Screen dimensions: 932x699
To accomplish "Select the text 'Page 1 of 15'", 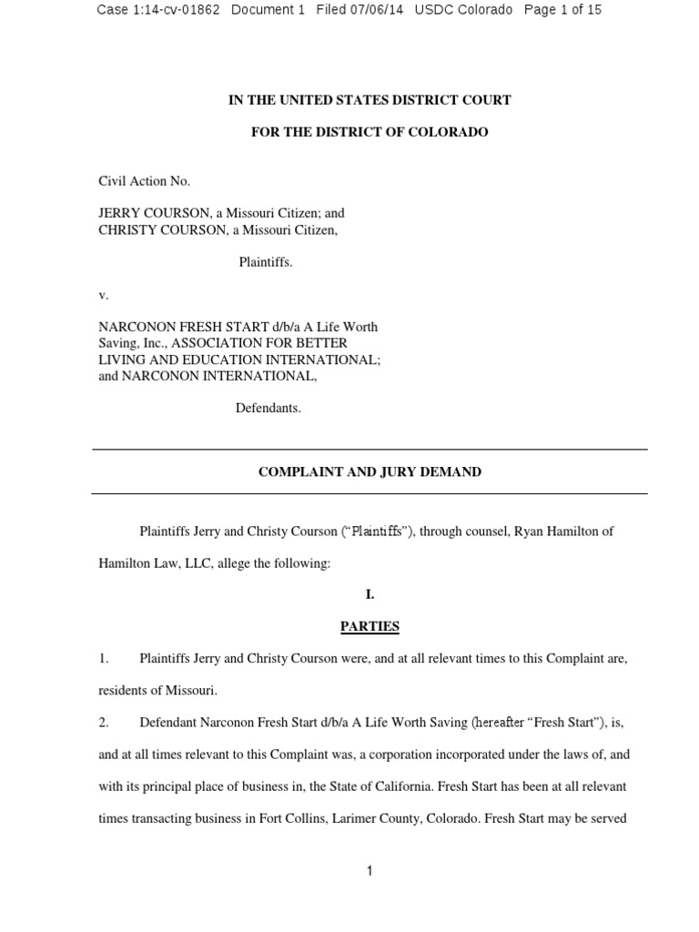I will pos(562,10).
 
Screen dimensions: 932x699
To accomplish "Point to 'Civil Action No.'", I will pos(144,181).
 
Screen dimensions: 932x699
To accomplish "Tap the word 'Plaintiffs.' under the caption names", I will pos(266,262).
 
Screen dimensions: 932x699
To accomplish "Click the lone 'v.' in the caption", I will pos(103,295).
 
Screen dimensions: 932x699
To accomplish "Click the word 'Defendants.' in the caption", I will pos(268,408).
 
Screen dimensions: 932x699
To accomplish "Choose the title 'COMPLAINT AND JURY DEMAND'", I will pos(370,472).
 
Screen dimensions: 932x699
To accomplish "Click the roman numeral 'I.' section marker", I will pos(370,594).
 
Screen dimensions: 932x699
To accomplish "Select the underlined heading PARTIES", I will pos(370,626).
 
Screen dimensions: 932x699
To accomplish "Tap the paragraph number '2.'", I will pos(104,723).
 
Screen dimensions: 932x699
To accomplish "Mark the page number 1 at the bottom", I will pos(370,871).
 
